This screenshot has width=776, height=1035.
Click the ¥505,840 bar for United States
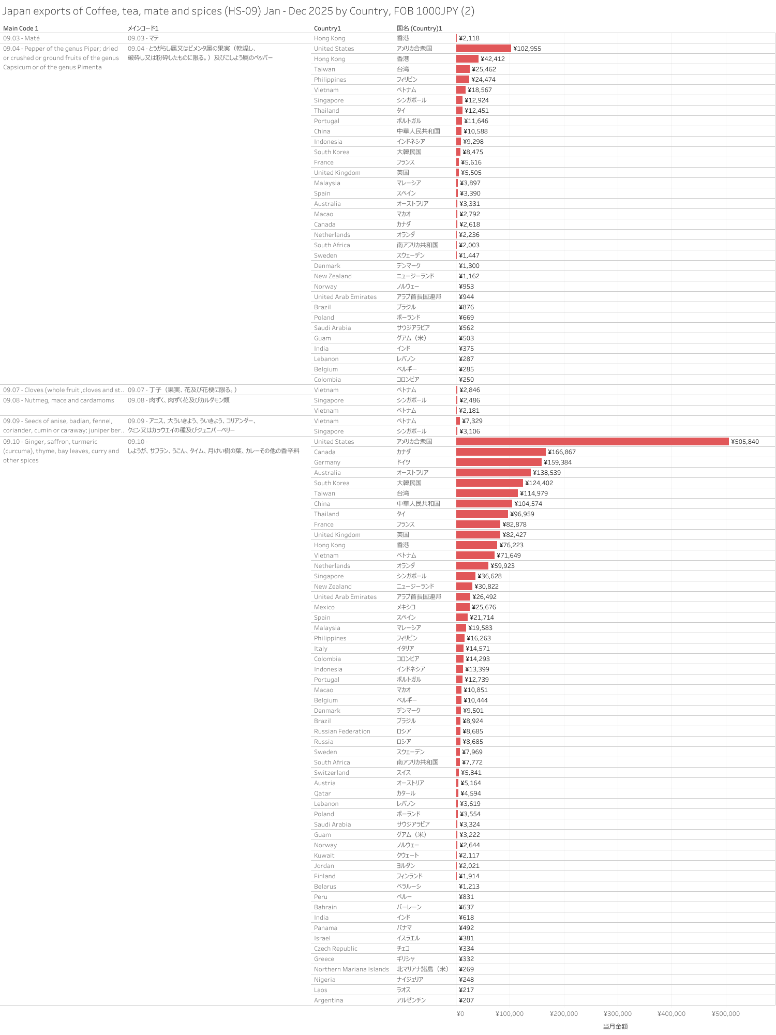(592, 442)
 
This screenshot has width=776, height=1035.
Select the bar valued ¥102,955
(483, 49)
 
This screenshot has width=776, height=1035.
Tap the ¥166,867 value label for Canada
(562, 452)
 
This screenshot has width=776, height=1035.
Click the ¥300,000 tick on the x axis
(618, 1014)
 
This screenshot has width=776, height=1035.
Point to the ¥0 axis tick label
(460, 1014)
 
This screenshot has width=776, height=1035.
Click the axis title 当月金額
(615, 1026)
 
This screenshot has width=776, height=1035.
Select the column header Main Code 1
(21, 28)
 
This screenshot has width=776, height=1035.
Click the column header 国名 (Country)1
(419, 28)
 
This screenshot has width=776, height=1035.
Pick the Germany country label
(327, 462)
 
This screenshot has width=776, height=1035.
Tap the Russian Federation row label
(342, 731)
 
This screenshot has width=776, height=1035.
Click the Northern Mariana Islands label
(351, 969)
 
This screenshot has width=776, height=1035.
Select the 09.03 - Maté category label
(21, 38)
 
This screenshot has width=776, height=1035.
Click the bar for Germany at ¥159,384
(499, 462)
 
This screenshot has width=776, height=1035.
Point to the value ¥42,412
(493, 59)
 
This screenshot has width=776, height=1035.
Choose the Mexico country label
(324, 607)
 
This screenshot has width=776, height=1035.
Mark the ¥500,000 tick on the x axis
(725, 1014)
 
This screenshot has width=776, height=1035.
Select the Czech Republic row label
(335, 949)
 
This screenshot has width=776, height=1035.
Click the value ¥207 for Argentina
(466, 1000)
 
